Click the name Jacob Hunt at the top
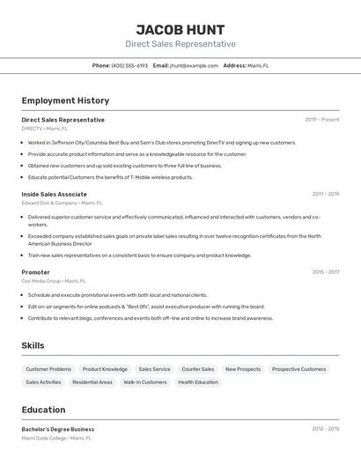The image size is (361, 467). pyautogui.click(x=180, y=30)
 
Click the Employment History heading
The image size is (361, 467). pyautogui.click(x=65, y=100)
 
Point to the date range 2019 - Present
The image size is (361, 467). pyautogui.click(x=321, y=119)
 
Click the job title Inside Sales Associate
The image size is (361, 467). pyautogui.click(x=54, y=194)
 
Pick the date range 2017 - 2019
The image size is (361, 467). pyautogui.click(x=325, y=194)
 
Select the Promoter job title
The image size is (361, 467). pyautogui.click(x=35, y=272)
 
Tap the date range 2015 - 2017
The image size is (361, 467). pyautogui.click(x=325, y=272)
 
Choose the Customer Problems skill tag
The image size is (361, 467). pyautogui.click(x=48, y=369)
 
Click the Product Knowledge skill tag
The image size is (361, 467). pyautogui.click(x=105, y=369)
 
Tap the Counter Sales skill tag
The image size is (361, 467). pyautogui.click(x=197, y=369)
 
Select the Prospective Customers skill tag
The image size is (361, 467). pyautogui.click(x=298, y=369)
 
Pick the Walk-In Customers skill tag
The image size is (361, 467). pyautogui.click(x=144, y=382)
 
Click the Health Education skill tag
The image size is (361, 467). pyautogui.click(x=197, y=382)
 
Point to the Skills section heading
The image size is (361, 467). pyautogui.click(x=33, y=345)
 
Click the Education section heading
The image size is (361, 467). pyautogui.click(x=43, y=410)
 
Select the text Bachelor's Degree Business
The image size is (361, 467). pyautogui.click(x=57, y=429)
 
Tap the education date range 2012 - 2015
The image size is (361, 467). pyautogui.click(x=325, y=429)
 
